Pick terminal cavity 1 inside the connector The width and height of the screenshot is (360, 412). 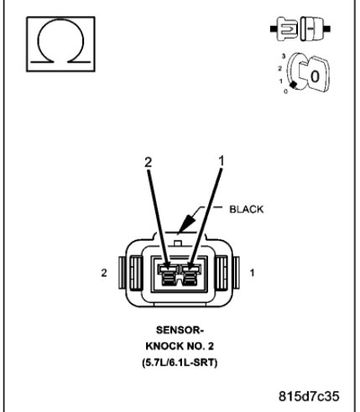pos(194,274)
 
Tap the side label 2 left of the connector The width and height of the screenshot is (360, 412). pos(103,274)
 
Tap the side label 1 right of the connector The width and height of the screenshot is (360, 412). pos(252,274)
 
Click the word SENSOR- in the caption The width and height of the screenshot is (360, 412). pos(180,331)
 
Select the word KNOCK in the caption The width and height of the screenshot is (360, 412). pos(164,347)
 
